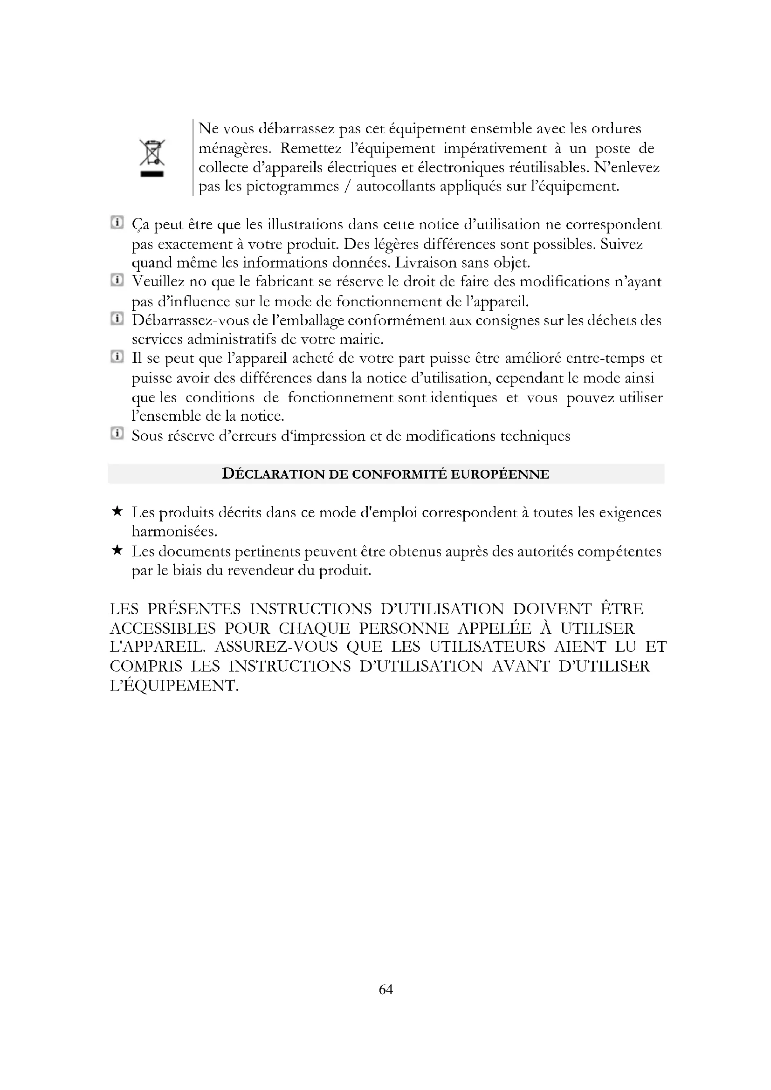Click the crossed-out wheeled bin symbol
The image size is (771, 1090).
[x=152, y=158]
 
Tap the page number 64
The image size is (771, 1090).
[x=385, y=989]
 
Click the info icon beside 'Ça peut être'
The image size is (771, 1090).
[x=117, y=223]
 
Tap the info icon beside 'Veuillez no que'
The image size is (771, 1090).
[x=117, y=280]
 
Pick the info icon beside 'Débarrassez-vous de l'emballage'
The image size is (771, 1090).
[x=117, y=319]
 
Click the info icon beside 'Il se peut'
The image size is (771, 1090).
[x=117, y=356]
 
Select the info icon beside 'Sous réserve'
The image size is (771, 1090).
[x=117, y=433]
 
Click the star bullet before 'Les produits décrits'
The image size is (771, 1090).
[x=117, y=511]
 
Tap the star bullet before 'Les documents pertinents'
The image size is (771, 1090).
[x=117, y=550]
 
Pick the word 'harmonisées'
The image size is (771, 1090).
[x=174, y=531]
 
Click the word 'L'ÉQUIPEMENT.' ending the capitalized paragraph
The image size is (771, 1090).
[x=174, y=686]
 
